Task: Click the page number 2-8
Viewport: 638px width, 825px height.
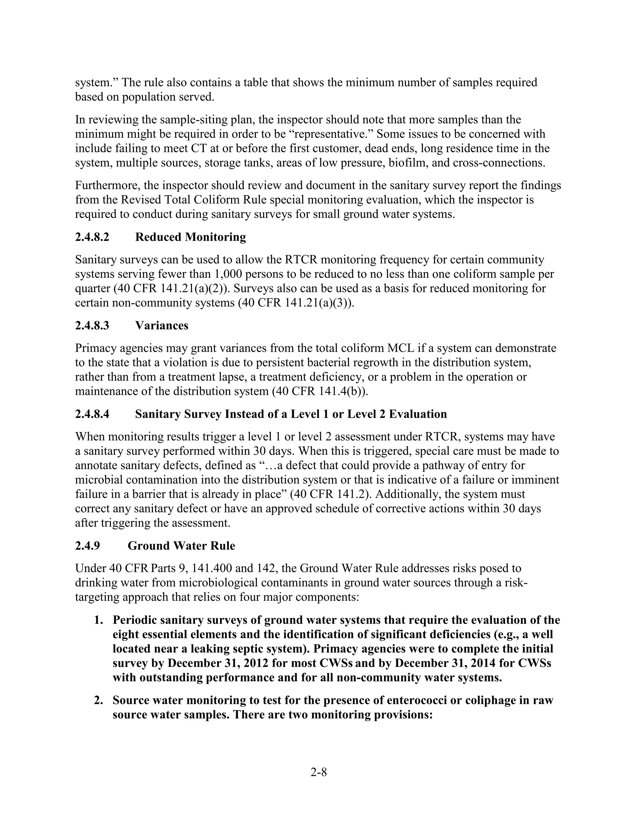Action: [x=319, y=772]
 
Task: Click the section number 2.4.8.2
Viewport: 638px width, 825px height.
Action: [x=92, y=237]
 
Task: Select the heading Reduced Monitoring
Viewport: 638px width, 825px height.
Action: [x=190, y=237]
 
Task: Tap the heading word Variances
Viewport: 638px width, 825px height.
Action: [x=161, y=326]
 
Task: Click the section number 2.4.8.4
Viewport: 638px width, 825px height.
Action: [x=92, y=414]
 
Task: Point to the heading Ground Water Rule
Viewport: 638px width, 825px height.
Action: [x=181, y=546]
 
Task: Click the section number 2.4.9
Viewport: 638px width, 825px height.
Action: [x=88, y=546]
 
